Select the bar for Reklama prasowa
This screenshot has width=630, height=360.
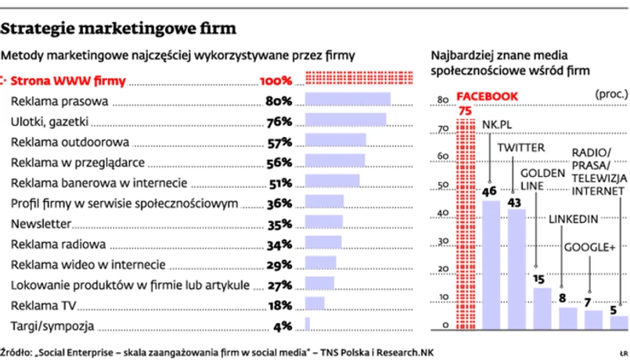tap(347, 99)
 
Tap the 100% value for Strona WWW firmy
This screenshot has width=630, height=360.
tap(275, 80)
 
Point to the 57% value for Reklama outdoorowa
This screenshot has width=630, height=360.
tap(279, 142)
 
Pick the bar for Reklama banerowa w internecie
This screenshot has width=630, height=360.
tap(332, 182)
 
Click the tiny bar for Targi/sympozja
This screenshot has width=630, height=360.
tap(307, 323)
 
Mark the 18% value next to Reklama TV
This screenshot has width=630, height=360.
tap(279, 304)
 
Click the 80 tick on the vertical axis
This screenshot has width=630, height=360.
tap(441, 99)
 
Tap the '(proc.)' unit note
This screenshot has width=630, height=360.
tap(610, 94)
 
